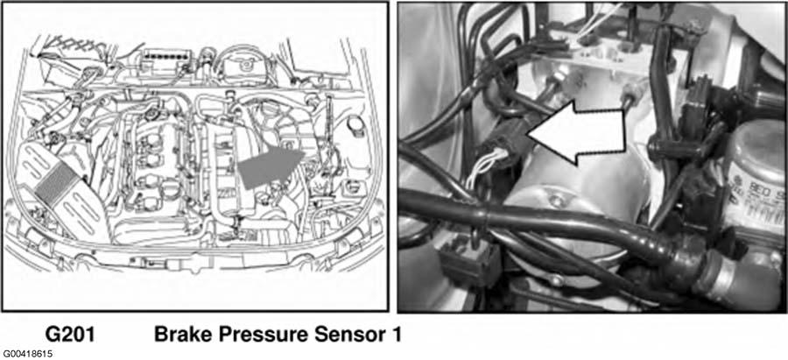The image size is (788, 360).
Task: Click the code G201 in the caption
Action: pyautogui.click(x=70, y=335)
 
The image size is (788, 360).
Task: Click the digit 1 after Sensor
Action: pyautogui.click(x=396, y=335)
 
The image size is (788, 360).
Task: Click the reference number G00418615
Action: pyautogui.click(x=26, y=354)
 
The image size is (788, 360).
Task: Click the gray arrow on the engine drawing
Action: pyautogui.click(x=271, y=166)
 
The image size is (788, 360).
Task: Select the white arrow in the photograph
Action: pyautogui.click(x=576, y=132)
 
